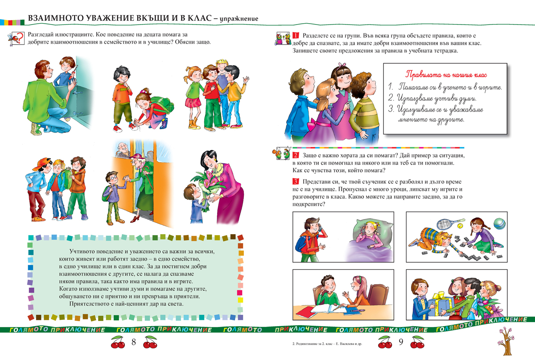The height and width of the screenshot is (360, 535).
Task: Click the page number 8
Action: [x=133, y=343]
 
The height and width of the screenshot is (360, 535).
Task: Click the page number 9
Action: [x=400, y=343]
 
